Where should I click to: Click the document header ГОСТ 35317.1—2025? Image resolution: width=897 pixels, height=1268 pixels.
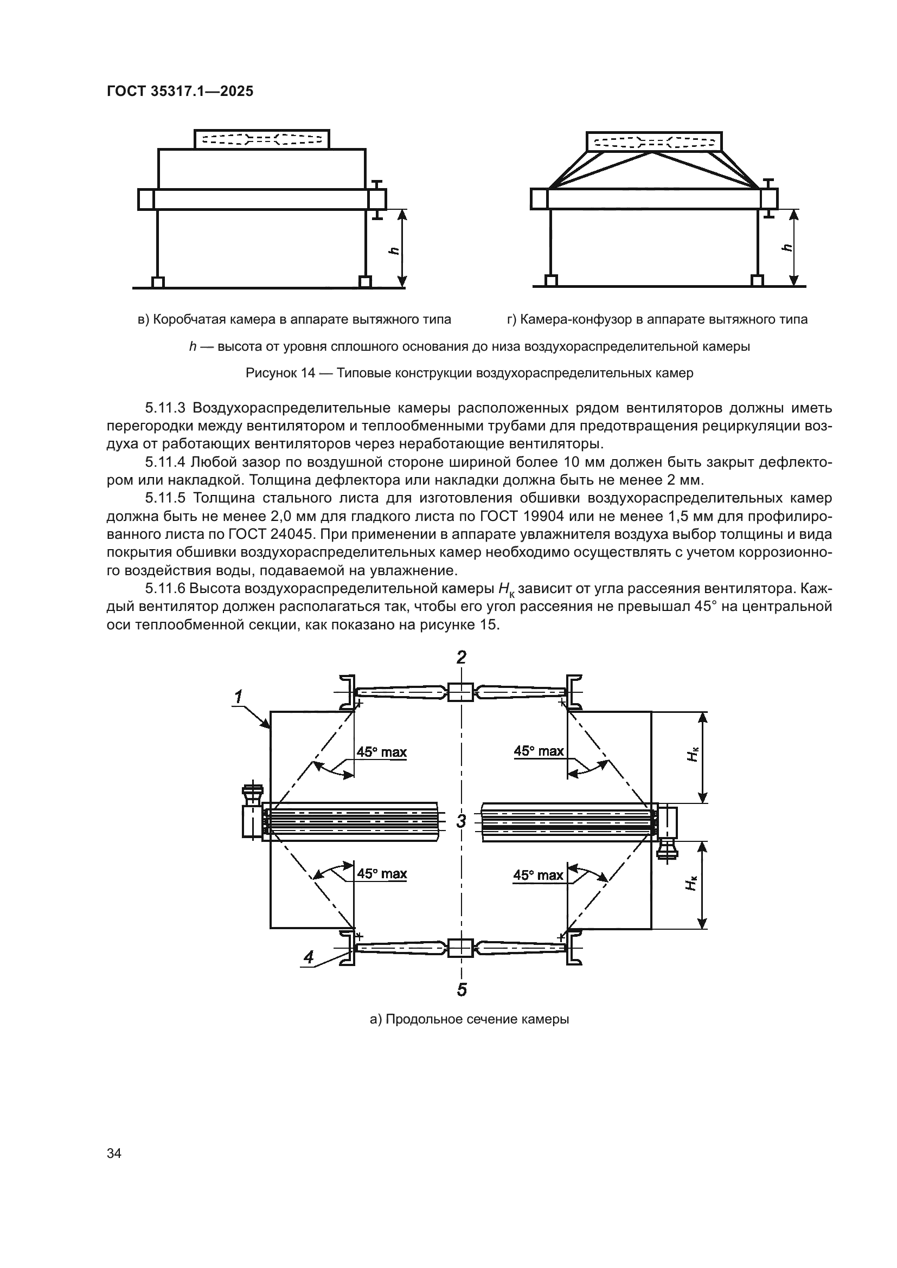pos(180,91)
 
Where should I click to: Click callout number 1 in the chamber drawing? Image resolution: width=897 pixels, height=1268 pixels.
pos(238,698)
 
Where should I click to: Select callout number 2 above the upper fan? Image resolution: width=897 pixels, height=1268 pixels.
pos(461,657)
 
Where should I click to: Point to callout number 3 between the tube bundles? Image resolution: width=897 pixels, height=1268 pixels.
pos(461,821)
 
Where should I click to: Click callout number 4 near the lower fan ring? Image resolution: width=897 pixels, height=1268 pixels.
pos(309,957)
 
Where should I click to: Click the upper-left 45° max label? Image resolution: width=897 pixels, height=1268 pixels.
pos(381,751)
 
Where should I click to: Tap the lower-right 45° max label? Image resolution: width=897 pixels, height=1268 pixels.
pos(538,875)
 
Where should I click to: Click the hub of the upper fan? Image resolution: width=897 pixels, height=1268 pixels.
pos(459,692)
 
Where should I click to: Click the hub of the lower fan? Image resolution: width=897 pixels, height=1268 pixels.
pos(459,948)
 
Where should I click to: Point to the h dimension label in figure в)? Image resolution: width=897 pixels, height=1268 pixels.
pos(393,249)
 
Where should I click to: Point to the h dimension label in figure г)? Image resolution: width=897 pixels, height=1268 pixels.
pos(786,248)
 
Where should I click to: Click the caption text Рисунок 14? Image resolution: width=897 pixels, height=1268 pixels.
pos(279,373)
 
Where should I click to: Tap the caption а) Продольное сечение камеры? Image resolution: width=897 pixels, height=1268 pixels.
pos(469,1019)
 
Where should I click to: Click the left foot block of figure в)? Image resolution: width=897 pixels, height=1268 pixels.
pos(158,282)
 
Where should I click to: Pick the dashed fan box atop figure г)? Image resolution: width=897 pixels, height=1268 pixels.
pos(653,141)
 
